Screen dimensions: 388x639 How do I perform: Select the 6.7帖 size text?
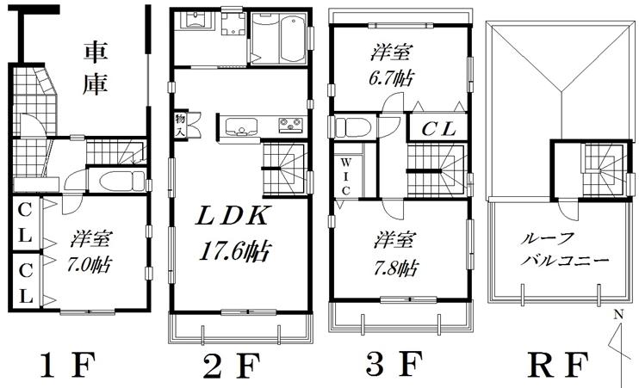[389, 77]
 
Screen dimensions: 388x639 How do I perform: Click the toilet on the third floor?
[351, 127]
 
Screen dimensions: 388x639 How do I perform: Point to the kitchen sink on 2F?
[242, 129]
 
